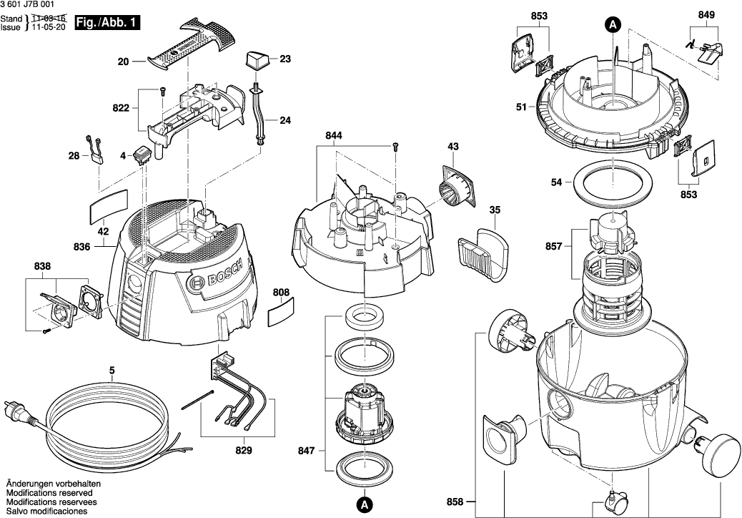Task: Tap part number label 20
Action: [123, 62]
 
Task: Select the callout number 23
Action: [285, 59]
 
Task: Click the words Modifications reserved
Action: [49, 494]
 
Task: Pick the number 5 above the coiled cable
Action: [112, 370]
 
